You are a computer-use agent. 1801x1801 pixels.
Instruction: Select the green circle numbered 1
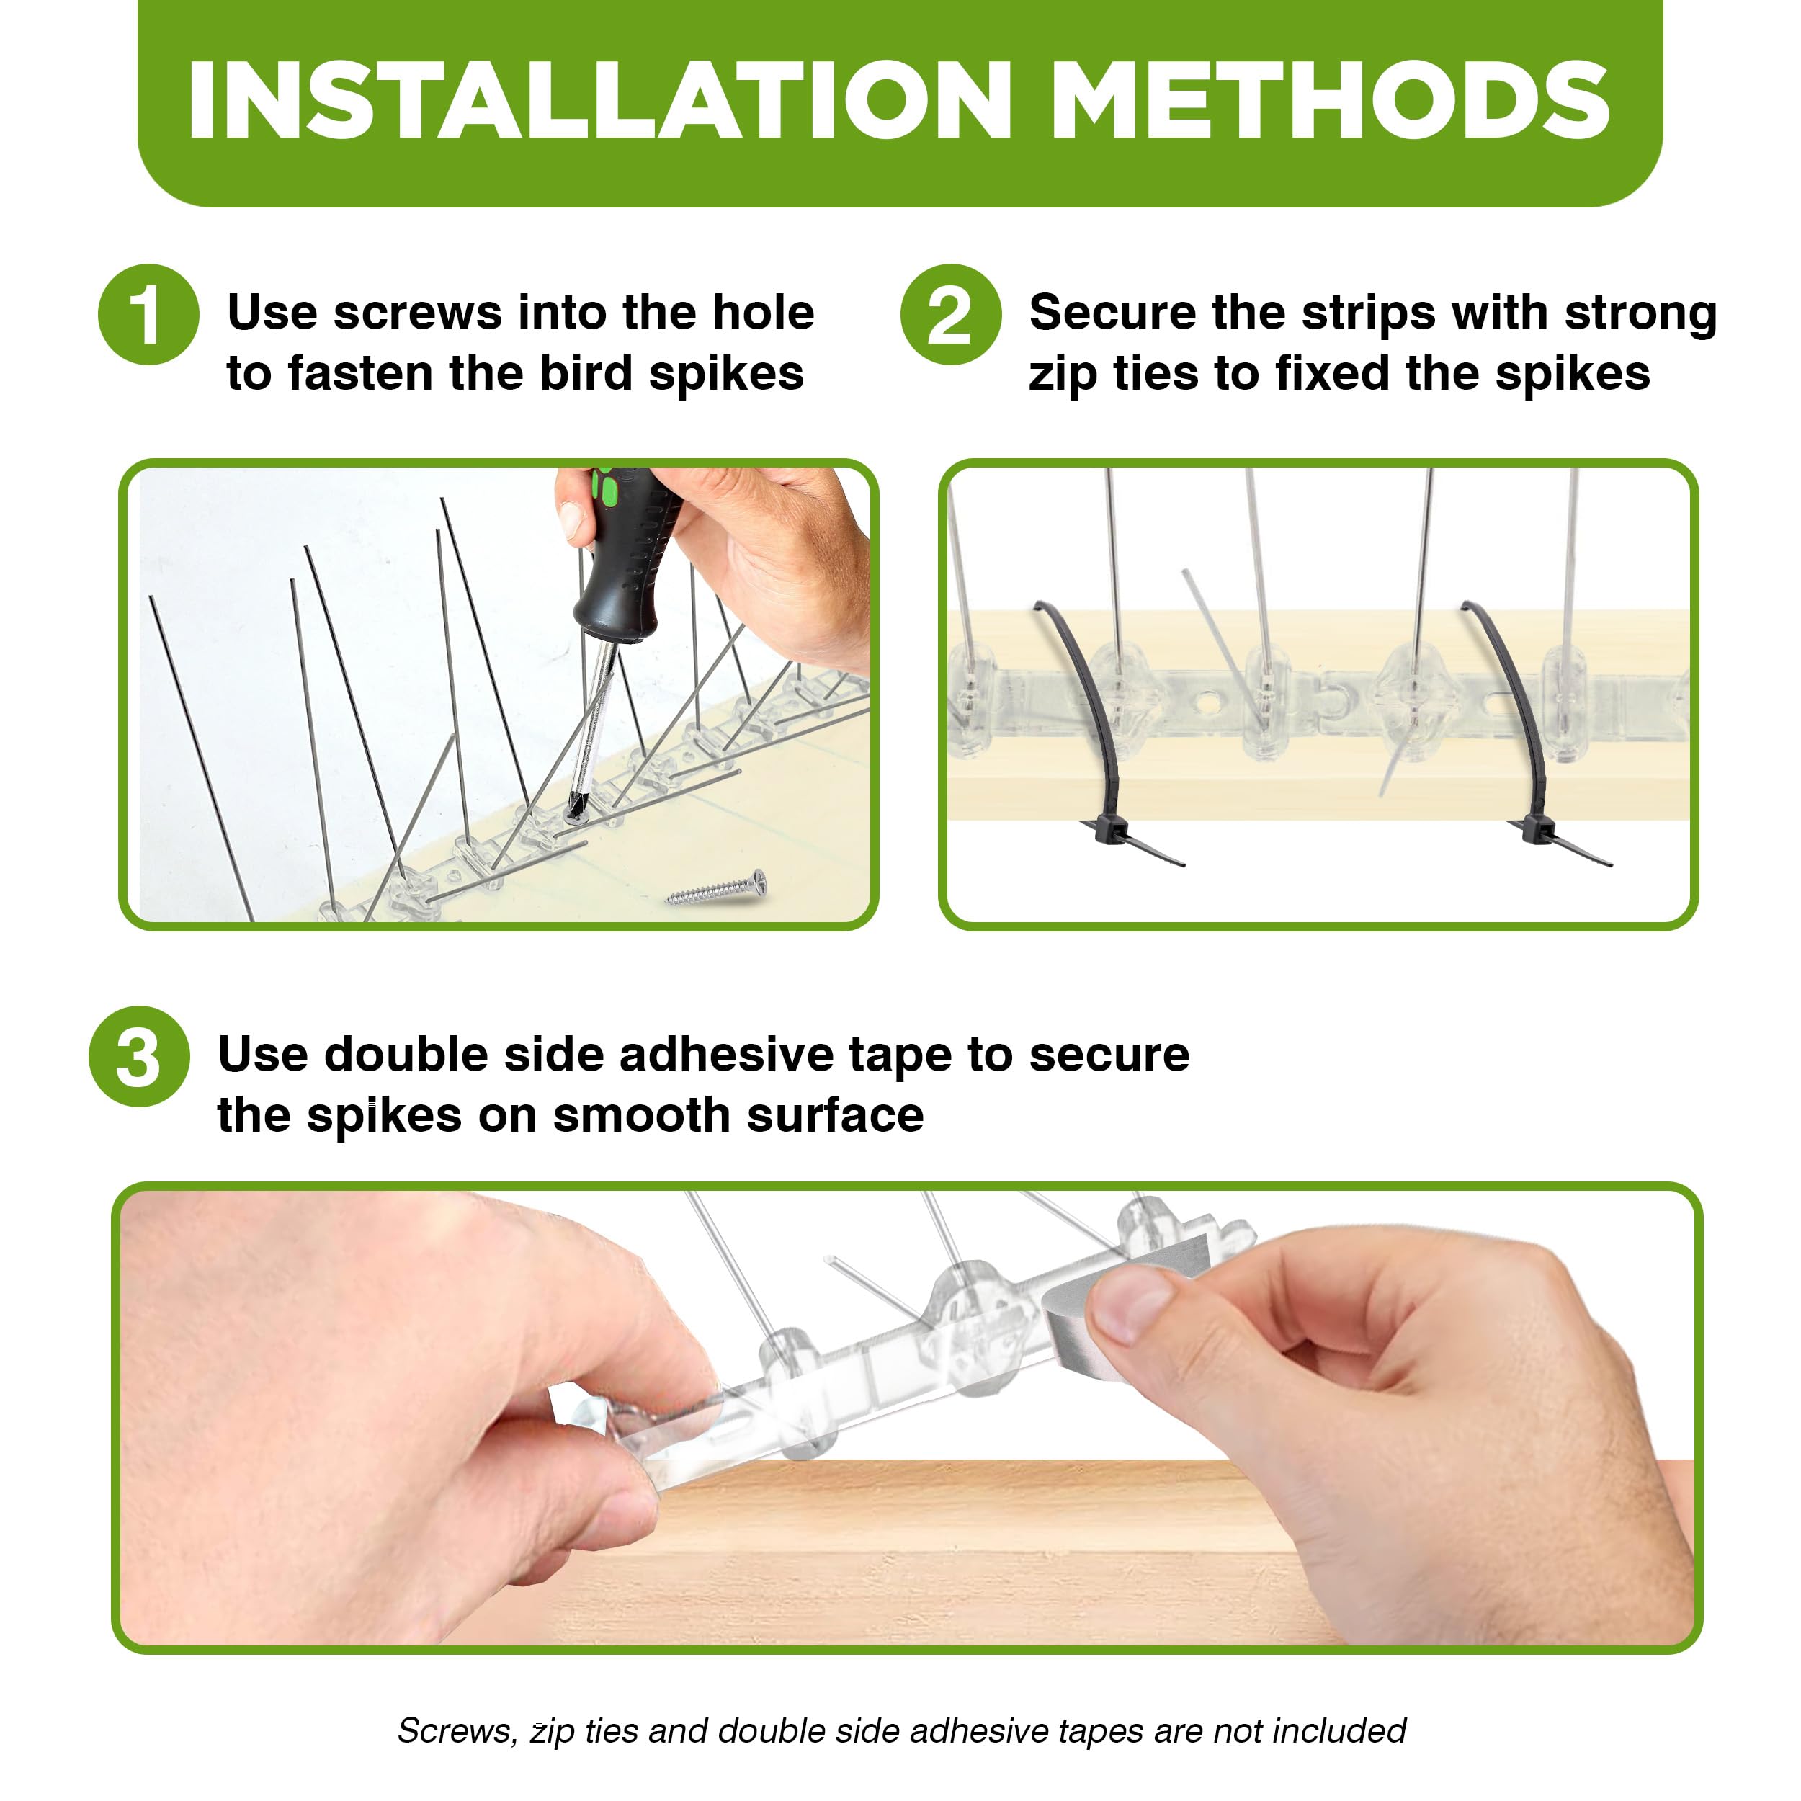click(148, 314)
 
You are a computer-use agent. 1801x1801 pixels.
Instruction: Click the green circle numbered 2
click(950, 314)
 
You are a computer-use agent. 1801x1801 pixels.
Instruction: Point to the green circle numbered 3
click(139, 1057)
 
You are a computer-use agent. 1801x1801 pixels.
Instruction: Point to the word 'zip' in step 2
click(1063, 375)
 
